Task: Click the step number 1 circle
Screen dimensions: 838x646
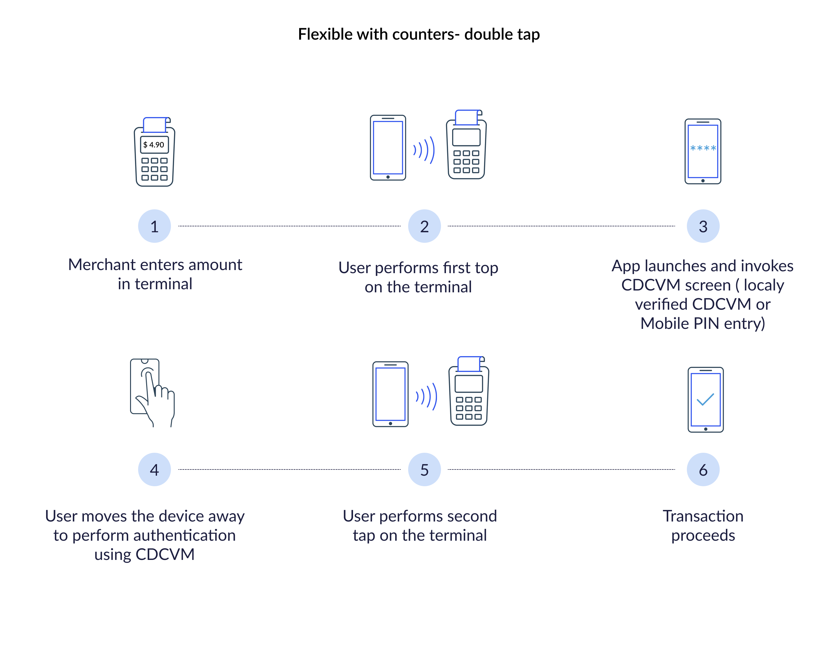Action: (154, 226)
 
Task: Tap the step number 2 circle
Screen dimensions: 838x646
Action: (424, 226)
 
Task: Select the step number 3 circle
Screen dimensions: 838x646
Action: (703, 226)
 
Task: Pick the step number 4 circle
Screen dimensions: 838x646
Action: (154, 469)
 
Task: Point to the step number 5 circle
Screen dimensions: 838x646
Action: (424, 469)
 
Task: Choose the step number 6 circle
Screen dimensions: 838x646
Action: (703, 469)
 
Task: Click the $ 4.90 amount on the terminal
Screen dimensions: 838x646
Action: (154, 145)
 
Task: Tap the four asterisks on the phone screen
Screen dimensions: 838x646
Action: (703, 148)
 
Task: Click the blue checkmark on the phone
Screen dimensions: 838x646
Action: (705, 399)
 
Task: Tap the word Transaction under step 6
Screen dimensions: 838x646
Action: (703, 516)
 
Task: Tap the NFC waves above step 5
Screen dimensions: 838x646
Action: (427, 396)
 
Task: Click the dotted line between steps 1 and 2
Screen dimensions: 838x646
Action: (289, 226)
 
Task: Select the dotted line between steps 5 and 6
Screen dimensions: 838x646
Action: (561, 469)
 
